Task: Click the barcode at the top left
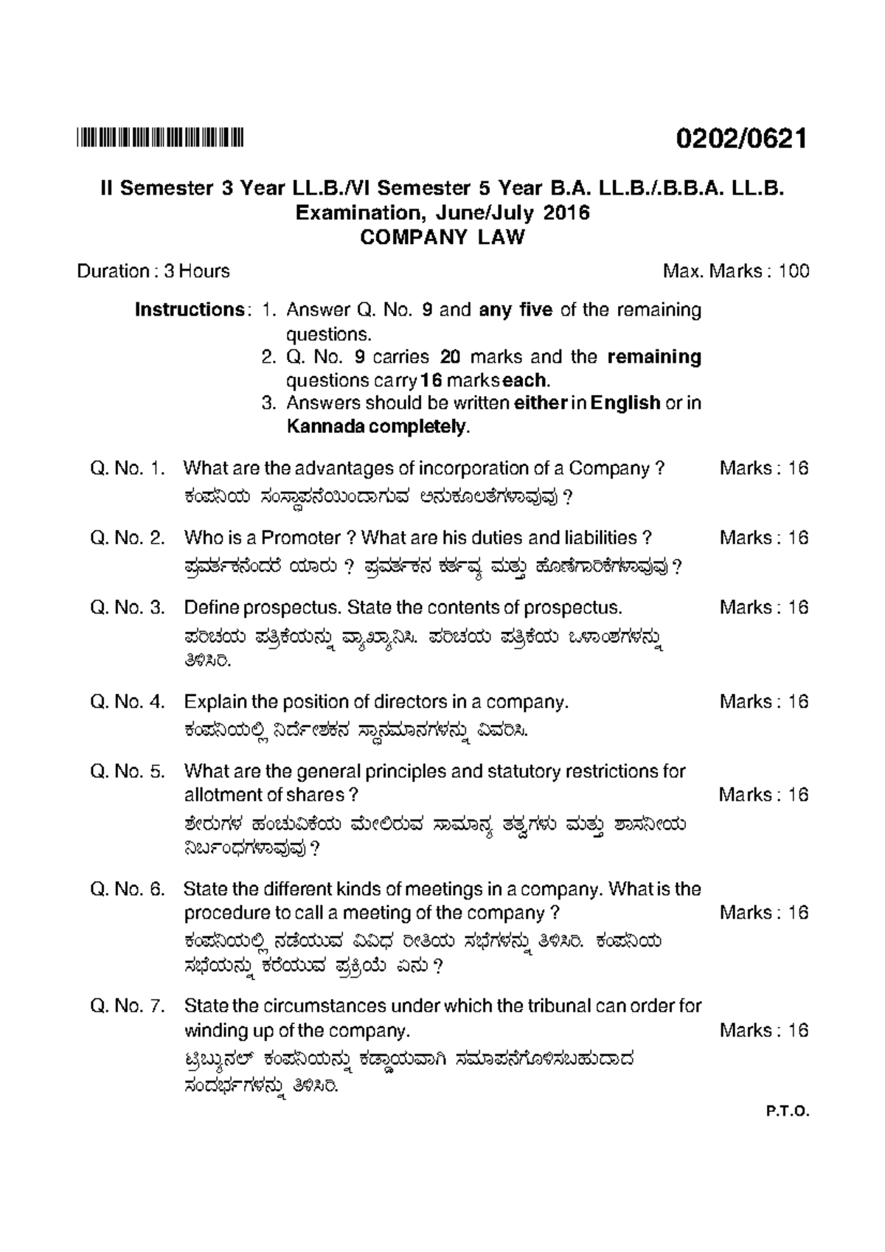coord(159,137)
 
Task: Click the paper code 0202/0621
coord(743,138)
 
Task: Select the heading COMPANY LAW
coord(442,237)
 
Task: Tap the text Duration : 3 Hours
coord(153,271)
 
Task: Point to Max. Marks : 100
coord(735,271)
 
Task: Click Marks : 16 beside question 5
coord(763,795)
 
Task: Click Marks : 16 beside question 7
coord(763,1030)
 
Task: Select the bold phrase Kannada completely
coord(376,426)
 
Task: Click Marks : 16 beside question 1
coord(763,468)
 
